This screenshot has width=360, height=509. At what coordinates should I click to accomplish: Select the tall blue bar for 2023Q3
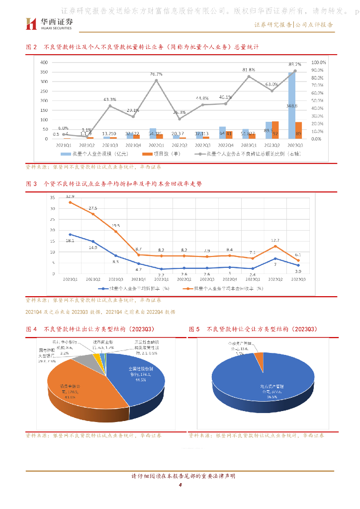pyautogui.click(x=291, y=105)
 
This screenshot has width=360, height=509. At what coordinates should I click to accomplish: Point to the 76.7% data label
pyautogui.click(x=156, y=74)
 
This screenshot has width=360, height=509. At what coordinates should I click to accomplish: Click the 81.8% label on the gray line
pyautogui.click(x=249, y=70)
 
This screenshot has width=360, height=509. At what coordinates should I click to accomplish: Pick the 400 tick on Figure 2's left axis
pyautogui.click(x=43, y=63)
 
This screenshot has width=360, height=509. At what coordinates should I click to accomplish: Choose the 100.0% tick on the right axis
pyautogui.click(x=318, y=63)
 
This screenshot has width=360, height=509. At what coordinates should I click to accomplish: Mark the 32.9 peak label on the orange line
pyautogui.click(x=70, y=197)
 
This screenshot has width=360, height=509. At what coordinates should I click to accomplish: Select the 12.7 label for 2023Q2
pyautogui.click(x=275, y=240)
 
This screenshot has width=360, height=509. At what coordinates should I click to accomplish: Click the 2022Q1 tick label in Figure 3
pyautogui.click(x=162, y=279)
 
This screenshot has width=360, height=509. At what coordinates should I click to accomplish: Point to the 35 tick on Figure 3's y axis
pyautogui.click(x=52, y=197)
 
